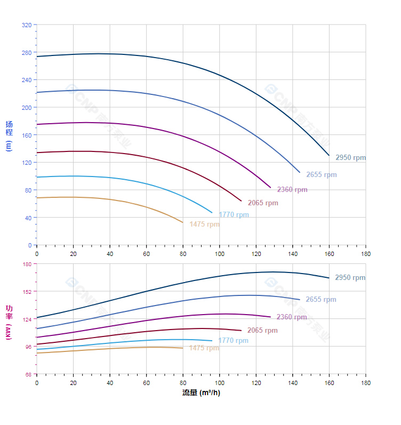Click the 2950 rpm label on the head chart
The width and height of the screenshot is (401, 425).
[350, 158]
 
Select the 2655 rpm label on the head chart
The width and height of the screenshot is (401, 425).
[321, 175]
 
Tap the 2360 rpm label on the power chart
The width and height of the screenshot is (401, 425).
[292, 317]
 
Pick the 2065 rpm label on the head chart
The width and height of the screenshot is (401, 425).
[263, 203]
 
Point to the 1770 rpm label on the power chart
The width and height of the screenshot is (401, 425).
[233, 341]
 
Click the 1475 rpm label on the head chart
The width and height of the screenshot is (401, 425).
[204, 224]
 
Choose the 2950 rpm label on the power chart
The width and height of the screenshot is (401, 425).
[350, 278]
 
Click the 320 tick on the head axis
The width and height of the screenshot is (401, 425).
[27, 25]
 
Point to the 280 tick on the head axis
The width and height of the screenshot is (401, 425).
[27, 52]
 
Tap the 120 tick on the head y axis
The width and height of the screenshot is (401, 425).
[27, 163]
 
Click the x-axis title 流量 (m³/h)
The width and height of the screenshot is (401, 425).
[201, 393]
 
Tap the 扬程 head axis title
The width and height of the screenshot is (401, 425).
[9, 129]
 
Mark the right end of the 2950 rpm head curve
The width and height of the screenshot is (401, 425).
[329, 156]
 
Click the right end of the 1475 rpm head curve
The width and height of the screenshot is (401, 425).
[183, 222]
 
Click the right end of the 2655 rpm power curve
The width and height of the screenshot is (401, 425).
[300, 300]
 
